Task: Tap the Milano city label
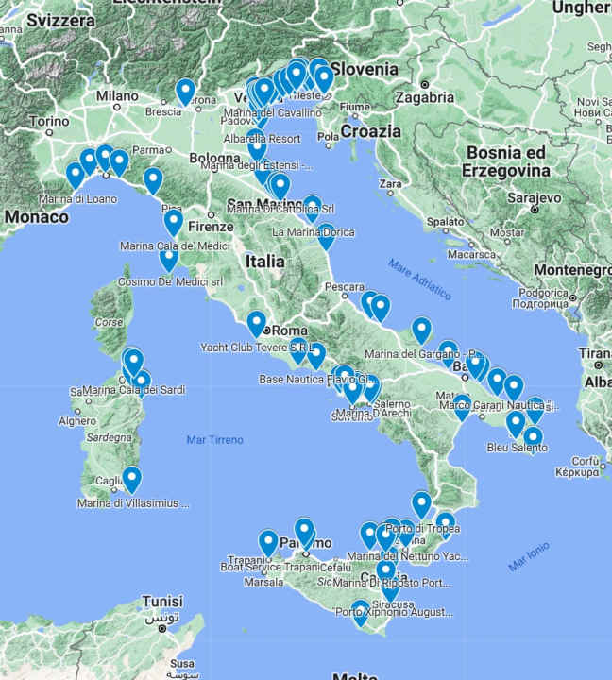click(116, 96)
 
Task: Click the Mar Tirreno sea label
click(214, 439)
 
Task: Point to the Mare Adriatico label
click(418, 279)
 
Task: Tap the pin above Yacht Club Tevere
click(256, 324)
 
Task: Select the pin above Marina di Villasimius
click(131, 480)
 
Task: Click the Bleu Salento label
click(517, 447)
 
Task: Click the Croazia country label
click(371, 132)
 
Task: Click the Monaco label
click(36, 217)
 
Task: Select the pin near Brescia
click(185, 92)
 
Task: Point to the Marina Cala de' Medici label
click(174, 246)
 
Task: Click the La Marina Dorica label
click(314, 232)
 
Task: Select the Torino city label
click(49, 122)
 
